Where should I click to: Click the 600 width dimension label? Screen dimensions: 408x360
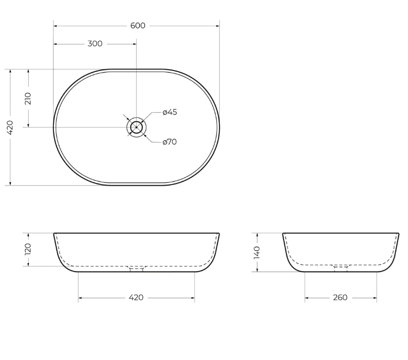point(138,26)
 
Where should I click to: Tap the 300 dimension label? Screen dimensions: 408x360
point(95,43)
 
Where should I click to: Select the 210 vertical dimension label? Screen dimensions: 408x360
point(28,99)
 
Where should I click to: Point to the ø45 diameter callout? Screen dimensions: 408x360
point(169,112)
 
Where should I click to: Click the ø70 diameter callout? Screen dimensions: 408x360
point(169,142)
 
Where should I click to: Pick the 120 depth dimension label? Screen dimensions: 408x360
point(28,249)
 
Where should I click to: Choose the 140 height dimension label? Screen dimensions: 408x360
point(256,252)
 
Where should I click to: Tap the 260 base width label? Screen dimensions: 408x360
point(340,297)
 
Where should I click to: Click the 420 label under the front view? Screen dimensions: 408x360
point(136,297)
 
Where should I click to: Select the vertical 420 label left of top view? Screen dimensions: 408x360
point(10,127)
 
